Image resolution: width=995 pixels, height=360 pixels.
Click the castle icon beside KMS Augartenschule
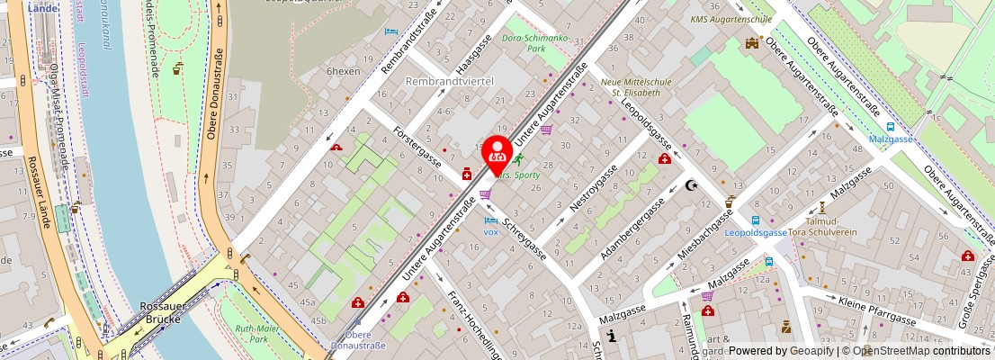point(751,42)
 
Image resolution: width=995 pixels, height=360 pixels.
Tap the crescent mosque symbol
point(691,185)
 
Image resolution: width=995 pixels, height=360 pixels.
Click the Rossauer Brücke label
point(163,311)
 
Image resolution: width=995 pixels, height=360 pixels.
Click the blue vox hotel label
point(490,231)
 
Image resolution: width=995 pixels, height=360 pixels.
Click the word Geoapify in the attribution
point(811,351)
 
